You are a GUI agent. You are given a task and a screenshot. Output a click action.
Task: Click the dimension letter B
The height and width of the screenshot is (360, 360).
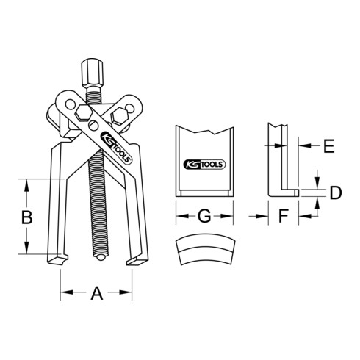pos(26,217)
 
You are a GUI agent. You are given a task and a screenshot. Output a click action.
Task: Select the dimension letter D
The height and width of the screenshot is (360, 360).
pos(334,193)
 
